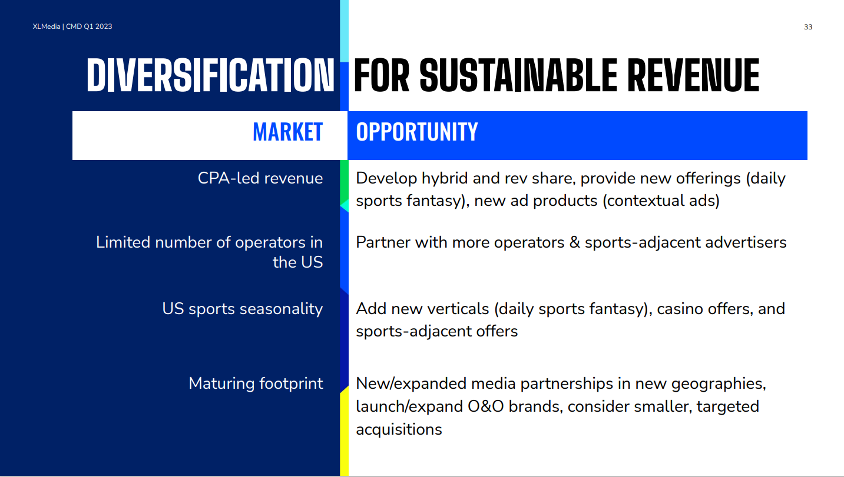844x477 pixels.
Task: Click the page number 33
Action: point(808,27)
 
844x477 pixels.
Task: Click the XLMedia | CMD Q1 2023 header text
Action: point(72,26)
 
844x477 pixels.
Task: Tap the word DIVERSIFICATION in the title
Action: point(210,75)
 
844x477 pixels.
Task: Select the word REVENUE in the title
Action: point(693,75)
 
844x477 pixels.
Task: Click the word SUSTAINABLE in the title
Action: point(518,75)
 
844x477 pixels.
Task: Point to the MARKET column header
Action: point(287,132)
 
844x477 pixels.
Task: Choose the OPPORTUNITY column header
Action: point(417,132)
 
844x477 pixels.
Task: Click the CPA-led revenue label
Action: point(260,178)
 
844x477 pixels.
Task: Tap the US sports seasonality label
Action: point(242,309)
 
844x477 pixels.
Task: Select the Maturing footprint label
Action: point(256,383)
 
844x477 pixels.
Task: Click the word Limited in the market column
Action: point(123,242)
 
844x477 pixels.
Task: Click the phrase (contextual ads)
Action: point(661,201)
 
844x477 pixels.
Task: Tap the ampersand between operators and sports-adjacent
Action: point(574,242)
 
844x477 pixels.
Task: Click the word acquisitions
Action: point(399,429)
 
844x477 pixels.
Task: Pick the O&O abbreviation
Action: point(485,406)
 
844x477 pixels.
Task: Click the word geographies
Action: point(719,384)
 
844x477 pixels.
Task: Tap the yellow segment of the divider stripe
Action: point(344,433)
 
